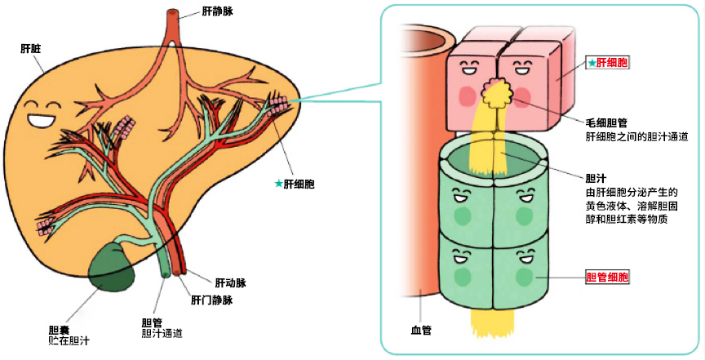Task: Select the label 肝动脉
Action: [x=230, y=282]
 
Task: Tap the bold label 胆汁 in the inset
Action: [x=596, y=177]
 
